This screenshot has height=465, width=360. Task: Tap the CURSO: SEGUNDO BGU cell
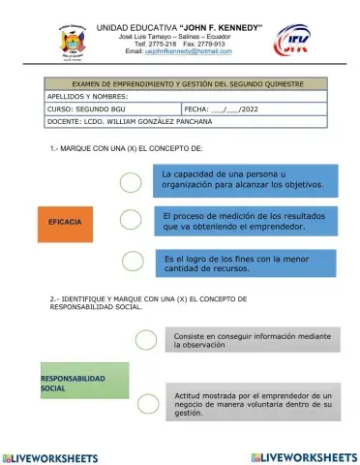[x=111, y=109]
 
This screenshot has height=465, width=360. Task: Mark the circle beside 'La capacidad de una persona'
[x=131, y=181]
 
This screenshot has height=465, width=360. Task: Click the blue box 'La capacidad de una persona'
[x=251, y=178]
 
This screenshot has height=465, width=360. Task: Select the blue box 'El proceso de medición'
[x=250, y=222]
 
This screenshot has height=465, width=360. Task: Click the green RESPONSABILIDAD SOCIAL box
[x=84, y=382]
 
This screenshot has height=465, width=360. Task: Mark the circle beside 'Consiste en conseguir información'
[x=146, y=339]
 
